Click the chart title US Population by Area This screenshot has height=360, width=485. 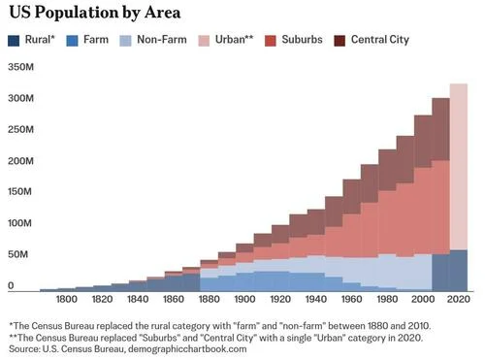point(95,13)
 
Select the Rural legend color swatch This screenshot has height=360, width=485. point(14,41)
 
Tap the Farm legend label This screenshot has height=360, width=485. point(96,40)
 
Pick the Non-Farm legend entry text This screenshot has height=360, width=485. point(162,40)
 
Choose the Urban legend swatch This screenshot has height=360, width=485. point(204,41)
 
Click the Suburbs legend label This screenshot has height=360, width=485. point(302,40)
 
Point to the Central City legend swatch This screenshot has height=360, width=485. point(339,41)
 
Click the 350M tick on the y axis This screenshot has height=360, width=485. point(20,67)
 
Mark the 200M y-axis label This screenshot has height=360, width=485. point(20,161)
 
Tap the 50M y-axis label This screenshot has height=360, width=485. point(18,254)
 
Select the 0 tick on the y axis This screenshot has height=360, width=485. point(11,285)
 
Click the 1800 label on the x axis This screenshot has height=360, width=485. point(67,299)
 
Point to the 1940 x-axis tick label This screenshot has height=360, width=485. point(316,299)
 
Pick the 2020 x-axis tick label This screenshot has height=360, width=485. point(458,299)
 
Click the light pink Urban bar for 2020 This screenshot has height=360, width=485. point(459,167)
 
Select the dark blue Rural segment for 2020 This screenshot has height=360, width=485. point(459,271)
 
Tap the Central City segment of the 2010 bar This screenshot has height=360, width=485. point(440,129)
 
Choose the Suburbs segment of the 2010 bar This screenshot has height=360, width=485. point(440,208)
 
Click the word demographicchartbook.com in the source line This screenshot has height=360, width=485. point(187,349)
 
